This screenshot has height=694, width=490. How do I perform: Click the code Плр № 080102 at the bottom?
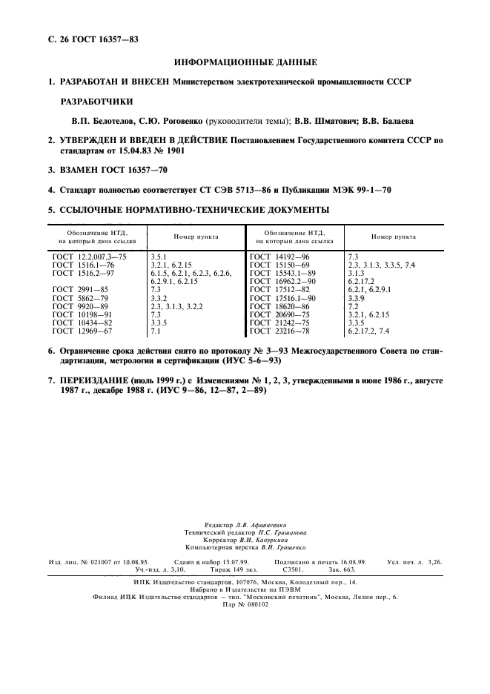[245, 605]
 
